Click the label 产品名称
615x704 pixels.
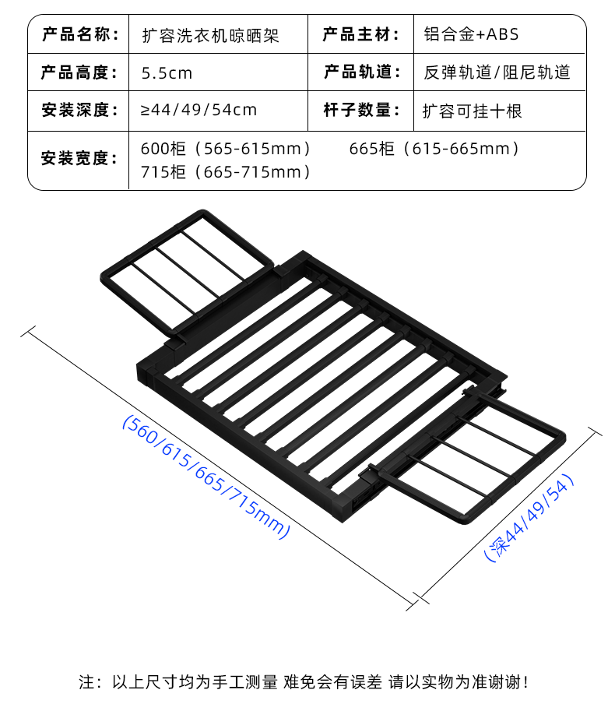tap(79, 34)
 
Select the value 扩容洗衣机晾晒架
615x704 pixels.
tap(210, 35)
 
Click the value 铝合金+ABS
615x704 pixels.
tap(471, 34)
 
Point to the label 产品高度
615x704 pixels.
tap(79, 72)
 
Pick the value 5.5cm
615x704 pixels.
tap(167, 73)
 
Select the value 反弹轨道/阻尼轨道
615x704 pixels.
tap(497, 72)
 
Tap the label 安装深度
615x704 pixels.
tap(79, 111)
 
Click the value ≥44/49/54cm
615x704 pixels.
tap(199, 111)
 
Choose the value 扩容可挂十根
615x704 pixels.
tap(472, 111)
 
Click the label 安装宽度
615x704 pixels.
tap(79, 158)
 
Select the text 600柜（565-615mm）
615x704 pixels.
tap(226, 148)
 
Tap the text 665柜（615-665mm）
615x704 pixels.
tap(434, 148)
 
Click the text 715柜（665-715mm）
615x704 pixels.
tap(226, 172)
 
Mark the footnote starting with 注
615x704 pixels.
tap(304, 682)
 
